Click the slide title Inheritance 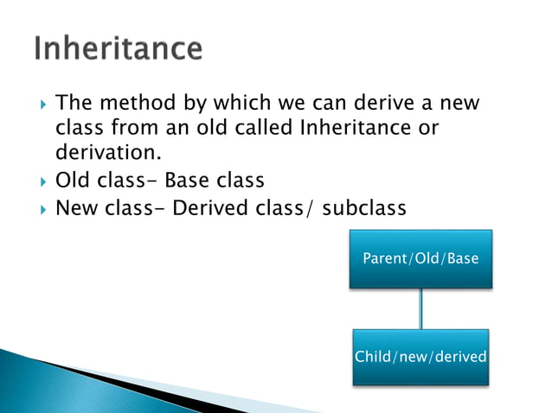[119, 48]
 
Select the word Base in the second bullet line [189, 181]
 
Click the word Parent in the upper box [383, 258]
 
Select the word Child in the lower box [373, 357]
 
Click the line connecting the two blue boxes [421, 308]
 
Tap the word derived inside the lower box [462, 357]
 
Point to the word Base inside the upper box [464, 258]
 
